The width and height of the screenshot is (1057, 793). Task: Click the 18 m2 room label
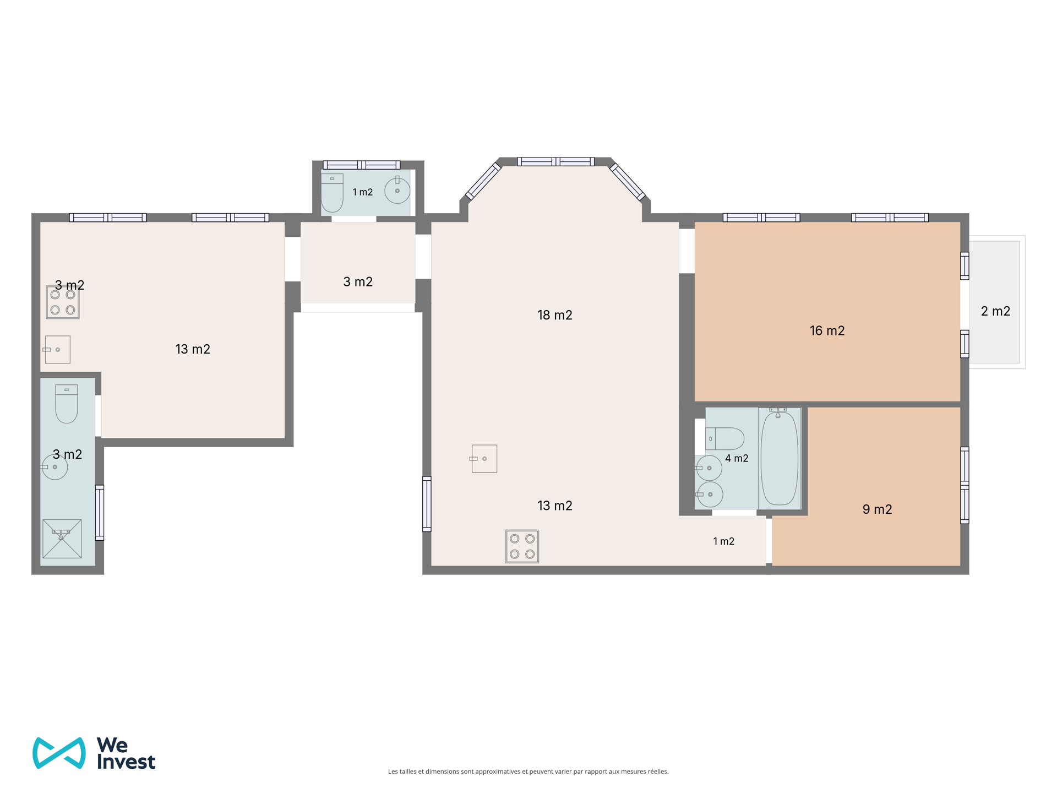tap(554, 315)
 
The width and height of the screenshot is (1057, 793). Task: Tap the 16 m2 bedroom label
tap(827, 330)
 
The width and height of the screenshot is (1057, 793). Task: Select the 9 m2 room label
tap(877, 509)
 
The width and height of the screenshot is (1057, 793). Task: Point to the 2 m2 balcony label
tap(995, 311)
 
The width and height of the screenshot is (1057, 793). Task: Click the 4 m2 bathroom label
tap(737, 458)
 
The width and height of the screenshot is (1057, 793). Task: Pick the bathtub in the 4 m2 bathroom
tap(780, 458)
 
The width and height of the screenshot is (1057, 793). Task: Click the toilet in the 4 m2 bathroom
tap(724, 439)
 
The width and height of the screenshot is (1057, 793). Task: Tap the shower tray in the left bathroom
tap(62, 539)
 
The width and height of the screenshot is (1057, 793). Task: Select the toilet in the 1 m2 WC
tap(332, 193)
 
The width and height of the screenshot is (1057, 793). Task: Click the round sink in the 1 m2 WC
tap(397, 191)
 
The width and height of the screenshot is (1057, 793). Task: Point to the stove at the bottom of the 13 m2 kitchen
tap(522, 546)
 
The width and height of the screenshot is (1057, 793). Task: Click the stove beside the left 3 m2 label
tap(63, 302)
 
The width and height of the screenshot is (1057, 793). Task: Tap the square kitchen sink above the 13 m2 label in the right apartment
tap(484, 459)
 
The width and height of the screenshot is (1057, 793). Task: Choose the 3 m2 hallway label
tap(358, 282)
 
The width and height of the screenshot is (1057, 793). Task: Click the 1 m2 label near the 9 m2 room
tap(723, 541)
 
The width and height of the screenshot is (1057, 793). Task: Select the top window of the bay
tap(555, 161)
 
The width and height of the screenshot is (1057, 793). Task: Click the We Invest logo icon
tap(59, 753)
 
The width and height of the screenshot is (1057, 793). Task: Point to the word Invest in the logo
tap(126, 762)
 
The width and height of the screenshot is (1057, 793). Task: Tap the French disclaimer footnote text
tap(528, 772)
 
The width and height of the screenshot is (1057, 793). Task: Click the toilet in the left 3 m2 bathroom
tap(67, 404)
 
